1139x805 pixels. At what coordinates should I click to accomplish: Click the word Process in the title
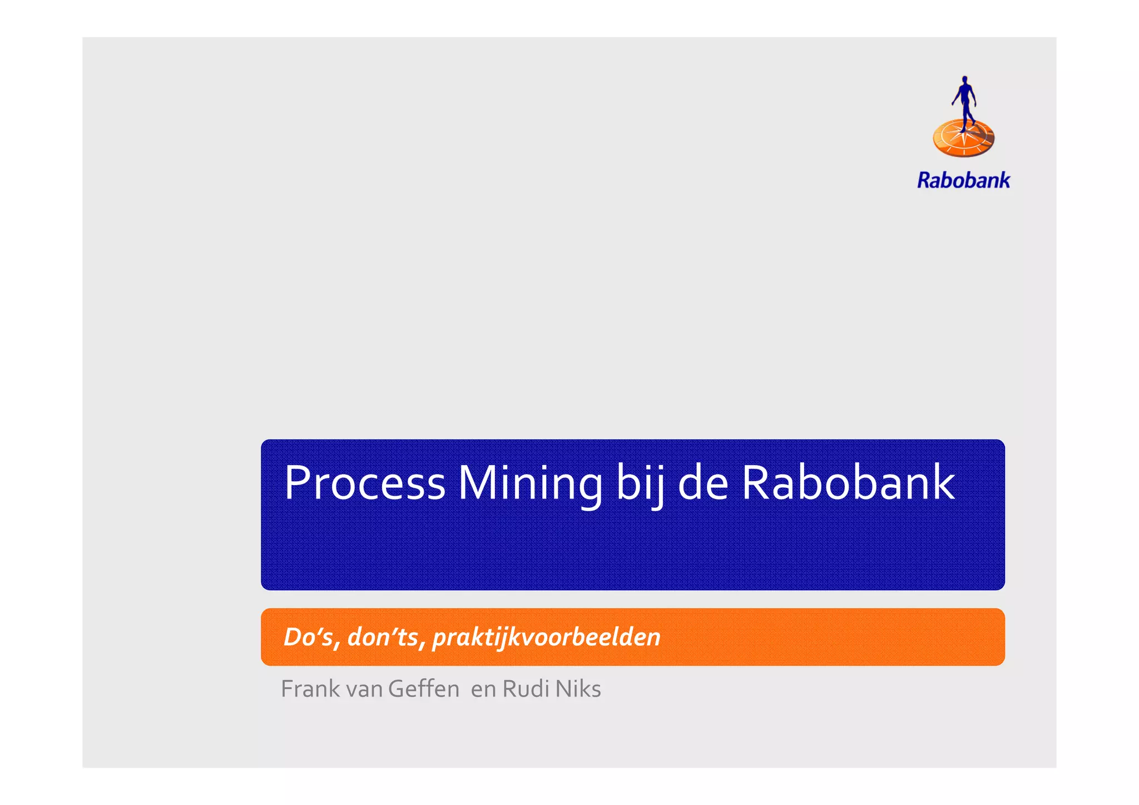tap(364, 483)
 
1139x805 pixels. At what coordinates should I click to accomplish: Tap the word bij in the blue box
tap(640, 483)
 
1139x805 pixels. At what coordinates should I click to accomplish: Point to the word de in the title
tap(702, 483)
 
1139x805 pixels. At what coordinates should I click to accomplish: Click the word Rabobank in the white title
tap(848, 483)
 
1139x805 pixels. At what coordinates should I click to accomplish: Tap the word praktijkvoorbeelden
tap(546, 638)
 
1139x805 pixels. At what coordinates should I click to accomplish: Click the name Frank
tap(310, 689)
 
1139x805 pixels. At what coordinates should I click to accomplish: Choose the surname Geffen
tap(424, 689)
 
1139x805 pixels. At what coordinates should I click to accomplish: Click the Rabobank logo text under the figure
tap(963, 180)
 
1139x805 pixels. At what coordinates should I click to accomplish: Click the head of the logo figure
tap(965, 80)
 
